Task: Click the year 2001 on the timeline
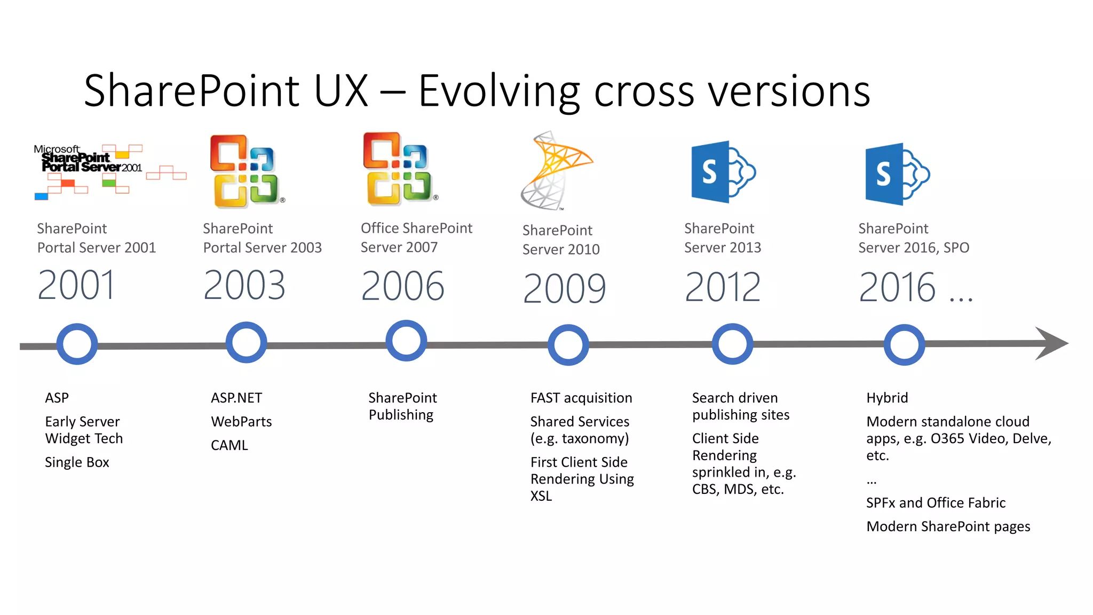coord(76,285)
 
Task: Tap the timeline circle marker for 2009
coord(568,345)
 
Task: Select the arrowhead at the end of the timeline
coord(1051,343)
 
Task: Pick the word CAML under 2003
coord(229,445)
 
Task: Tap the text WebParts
coord(241,422)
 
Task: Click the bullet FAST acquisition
coord(581,398)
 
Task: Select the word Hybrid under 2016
coord(887,398)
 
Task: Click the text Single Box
coord(77,462)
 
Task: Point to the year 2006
coord(402,286)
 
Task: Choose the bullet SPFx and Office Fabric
coord(936,503)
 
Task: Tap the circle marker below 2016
coord(904,345)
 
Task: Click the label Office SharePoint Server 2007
coord(416,238)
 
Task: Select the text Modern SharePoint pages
coord(948,526)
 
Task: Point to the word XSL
coord(541,496)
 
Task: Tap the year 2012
coord(723,287)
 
